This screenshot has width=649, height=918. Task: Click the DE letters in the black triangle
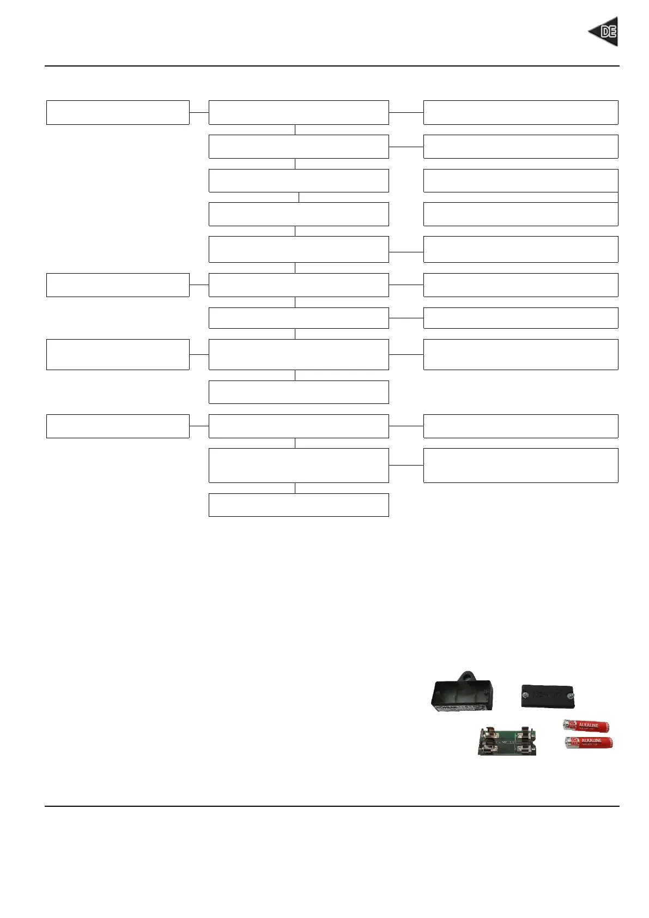608,32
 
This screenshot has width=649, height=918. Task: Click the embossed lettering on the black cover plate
548,695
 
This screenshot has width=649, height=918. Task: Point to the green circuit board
507,741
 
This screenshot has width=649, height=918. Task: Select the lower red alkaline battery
589,742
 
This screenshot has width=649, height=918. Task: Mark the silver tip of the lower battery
567,741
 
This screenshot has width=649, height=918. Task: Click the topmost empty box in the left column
118,112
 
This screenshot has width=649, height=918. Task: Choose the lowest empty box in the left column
118,426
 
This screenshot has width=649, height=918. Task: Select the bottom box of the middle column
299,505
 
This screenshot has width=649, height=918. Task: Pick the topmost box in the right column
520,112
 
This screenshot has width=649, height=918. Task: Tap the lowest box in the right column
520,465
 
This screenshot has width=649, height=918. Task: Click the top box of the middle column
299,112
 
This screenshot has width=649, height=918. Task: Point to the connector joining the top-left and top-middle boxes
199,112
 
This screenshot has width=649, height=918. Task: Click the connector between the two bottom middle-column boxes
295,488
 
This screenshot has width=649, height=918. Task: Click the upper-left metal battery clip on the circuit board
488,733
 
